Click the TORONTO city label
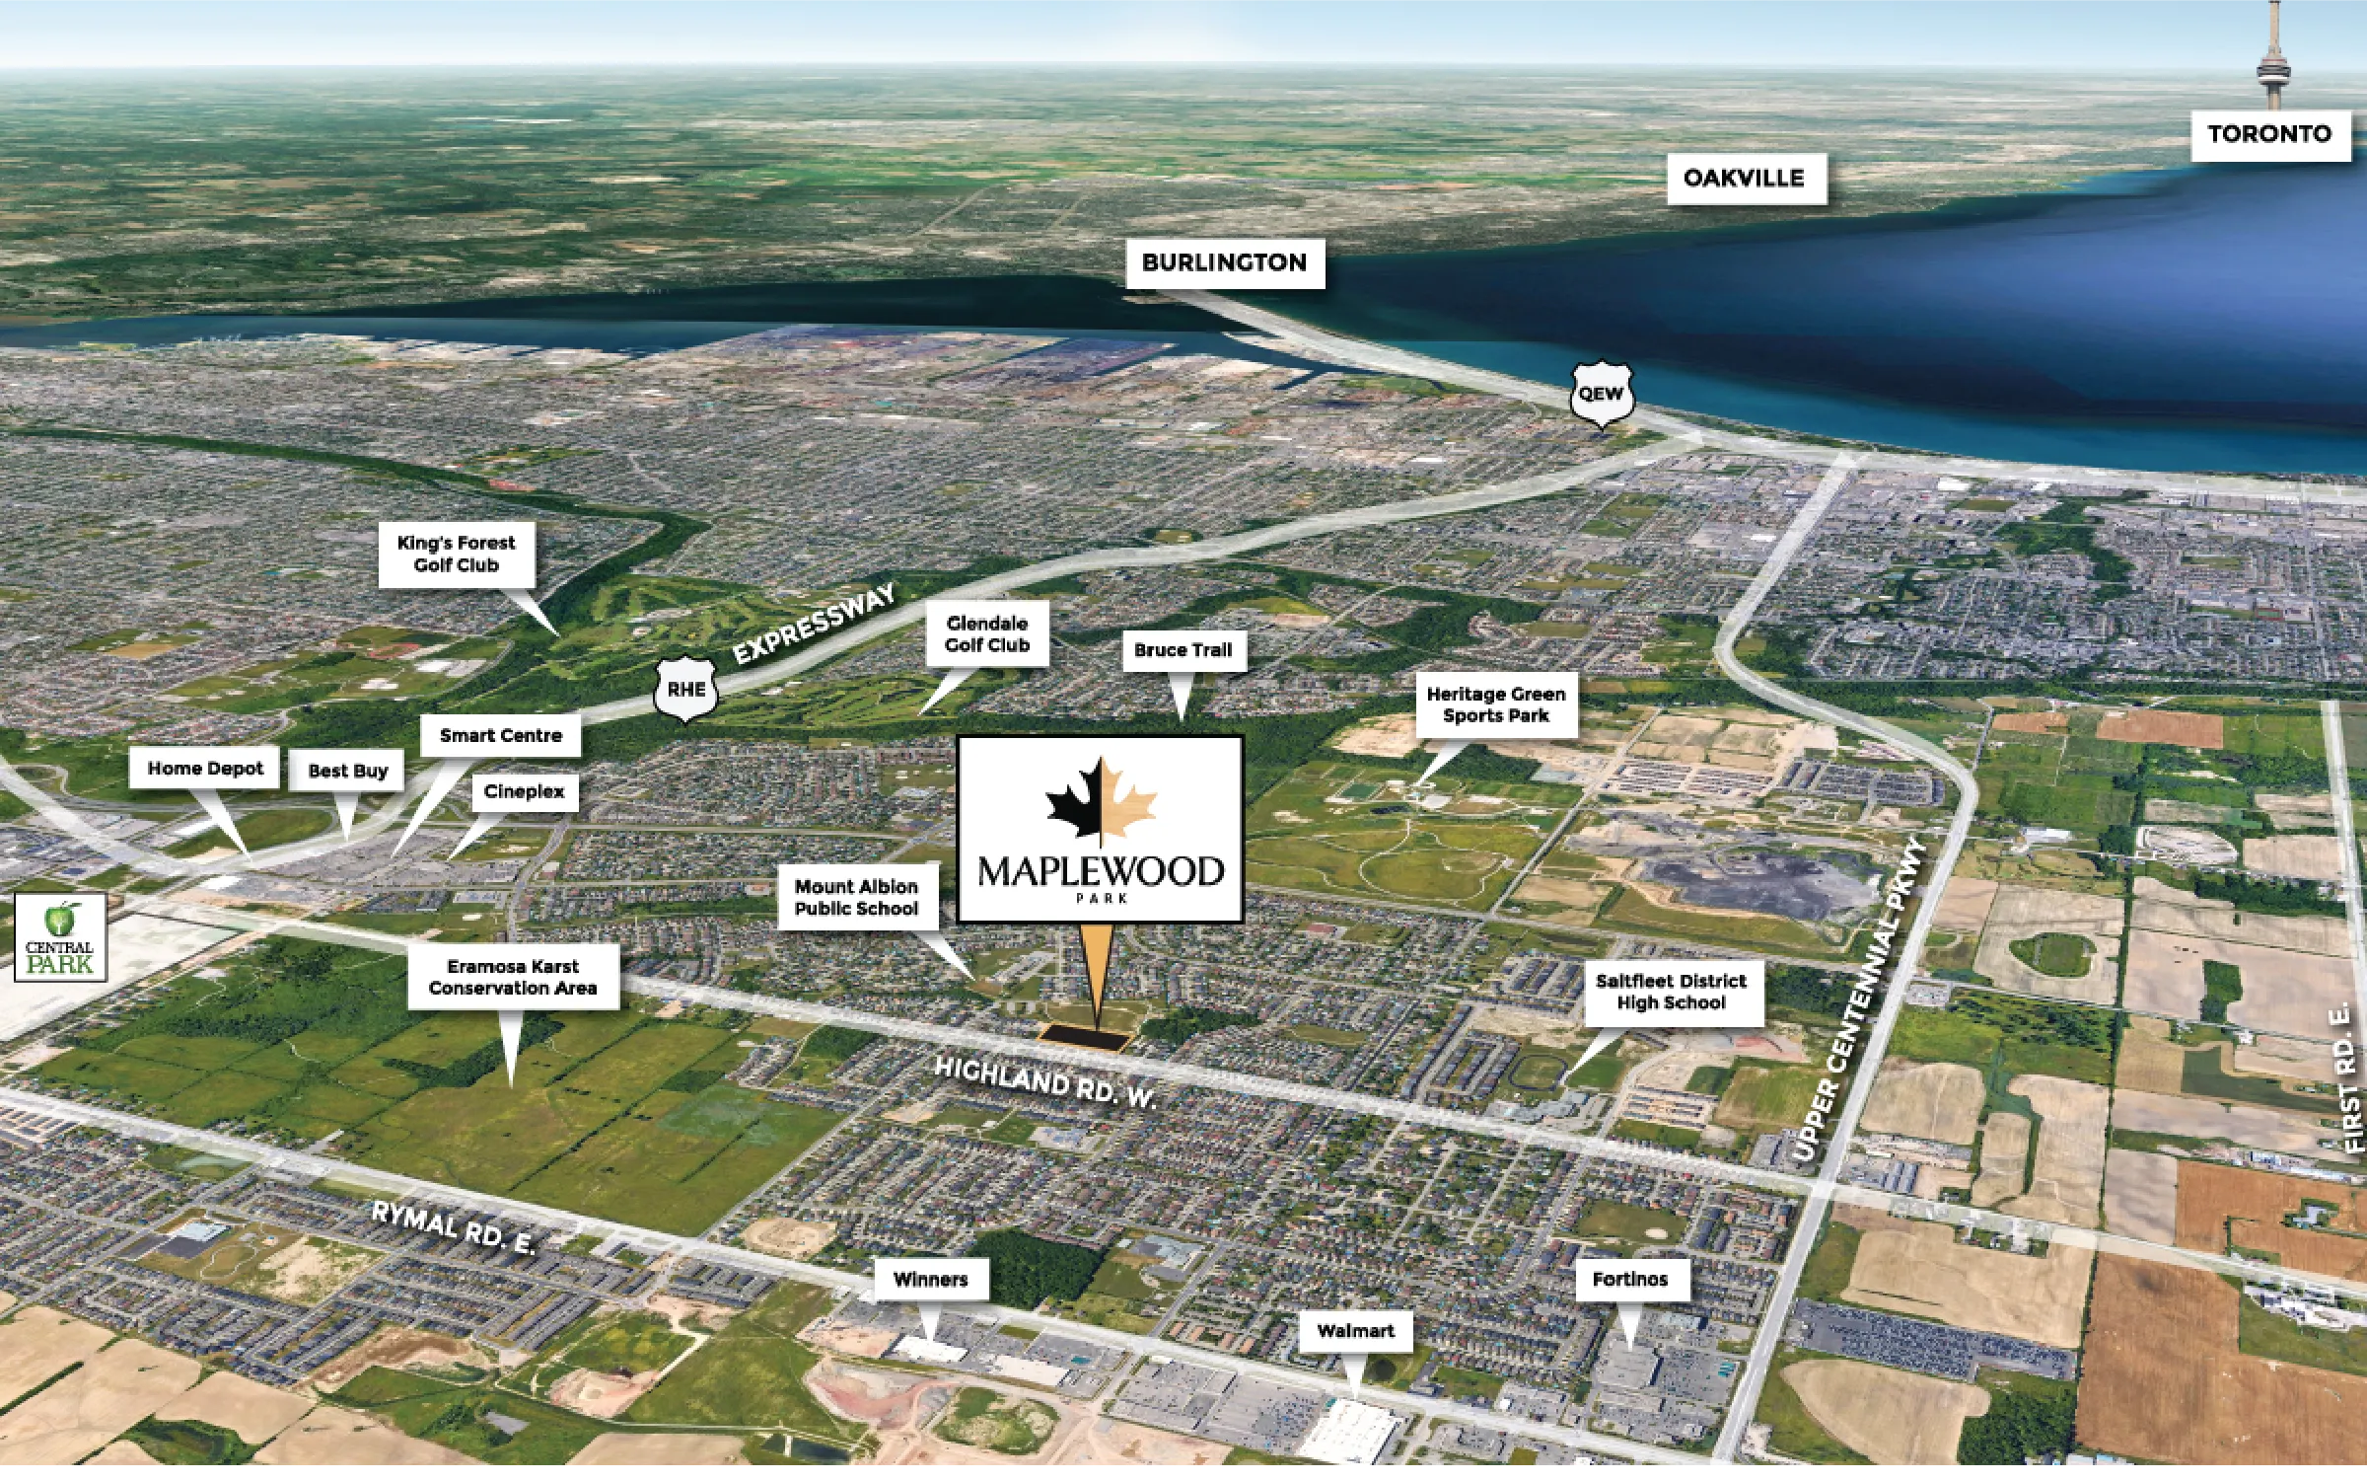(x=2269, y=134)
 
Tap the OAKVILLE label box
(x=1744, y=179)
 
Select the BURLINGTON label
(x=1224, y=263)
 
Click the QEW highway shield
(x=1601, y=394)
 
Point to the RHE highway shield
(x=685, y=689)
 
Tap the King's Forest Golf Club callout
(x=456, y=555)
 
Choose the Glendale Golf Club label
(x=986, y=634)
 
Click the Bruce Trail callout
(x=1183, y=651)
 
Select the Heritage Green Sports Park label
(x=1495, y=705)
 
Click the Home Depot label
(x=205, y=769)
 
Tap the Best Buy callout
(x=347, y=772)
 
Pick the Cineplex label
(x=524, y=792)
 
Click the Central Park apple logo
(x=59, y=921)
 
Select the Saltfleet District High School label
(x=1671, y=993)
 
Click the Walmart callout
(x=1355, y=1332)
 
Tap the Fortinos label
(x=1629, y=1280)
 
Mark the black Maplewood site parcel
(x=1083, y=1037)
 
